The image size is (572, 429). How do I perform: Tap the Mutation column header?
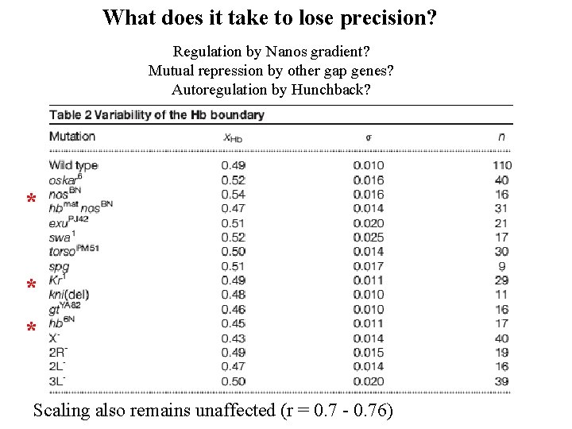[72, 136]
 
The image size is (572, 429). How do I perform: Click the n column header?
[501, 136]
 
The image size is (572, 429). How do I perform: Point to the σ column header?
[368, 137]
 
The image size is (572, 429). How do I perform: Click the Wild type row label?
[73, 165]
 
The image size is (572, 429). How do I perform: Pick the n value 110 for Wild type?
[501, 165]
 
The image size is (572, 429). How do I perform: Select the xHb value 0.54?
[234, 194]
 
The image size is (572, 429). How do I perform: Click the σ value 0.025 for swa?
[369, 237]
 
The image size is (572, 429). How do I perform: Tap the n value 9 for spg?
[502, 266]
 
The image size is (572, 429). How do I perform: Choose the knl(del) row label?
[69, 295]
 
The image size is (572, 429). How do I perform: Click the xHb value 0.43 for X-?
[234, 338]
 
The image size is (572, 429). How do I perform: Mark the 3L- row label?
[56, 381]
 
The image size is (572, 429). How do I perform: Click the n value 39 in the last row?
[502, 381]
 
